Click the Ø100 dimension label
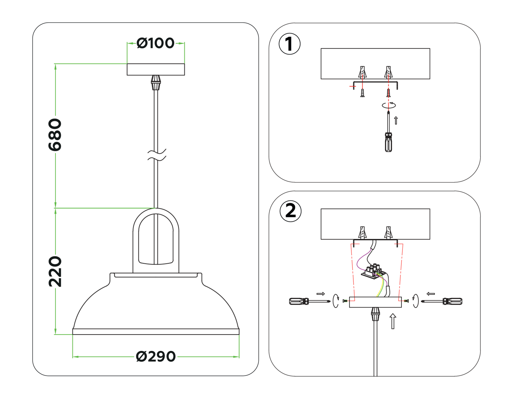(155, 43)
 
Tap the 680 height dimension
(55, 135)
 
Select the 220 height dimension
(55, 271)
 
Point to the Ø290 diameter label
(156, 357)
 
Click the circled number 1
(289, 44)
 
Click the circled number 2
(290, 211)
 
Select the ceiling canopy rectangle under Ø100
(156, 69)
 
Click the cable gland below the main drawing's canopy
(156, 82)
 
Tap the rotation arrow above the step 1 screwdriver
(389, 105)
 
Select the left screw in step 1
(362, 93)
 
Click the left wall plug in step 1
(362, 72)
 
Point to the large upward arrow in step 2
(393, 321)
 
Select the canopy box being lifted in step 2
(375, 302)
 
